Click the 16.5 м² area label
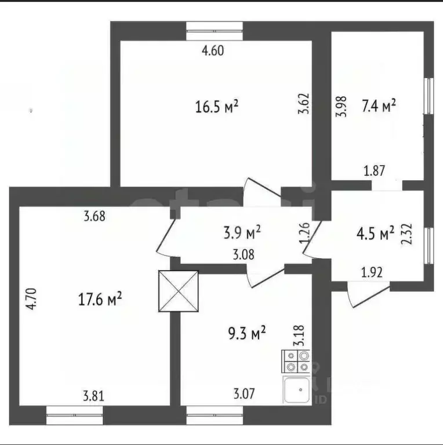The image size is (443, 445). [x=217, y=107]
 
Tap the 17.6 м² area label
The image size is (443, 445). [x=100, y=300]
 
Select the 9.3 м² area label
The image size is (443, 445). [x=247, y=333]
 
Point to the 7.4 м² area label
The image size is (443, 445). [x=379, y=106]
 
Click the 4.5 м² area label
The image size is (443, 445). [x=375, y=234]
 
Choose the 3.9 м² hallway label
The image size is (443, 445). [x=242, y=232]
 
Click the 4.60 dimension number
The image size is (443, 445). [x=213, y=51]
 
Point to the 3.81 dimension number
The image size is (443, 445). [x=94, y=396]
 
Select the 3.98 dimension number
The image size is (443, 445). [x=341, y=107]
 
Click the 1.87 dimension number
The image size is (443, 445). [x=375, y=171]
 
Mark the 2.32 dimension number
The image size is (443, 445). [x=406, y=235]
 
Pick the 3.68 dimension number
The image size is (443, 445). [x=95, y=216]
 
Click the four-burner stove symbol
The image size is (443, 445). [x=296, y=362]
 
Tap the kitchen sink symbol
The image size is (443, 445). [x=297, y=389]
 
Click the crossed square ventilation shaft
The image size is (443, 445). [x=179, y=291]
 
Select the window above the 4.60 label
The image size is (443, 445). [x=215, y=31]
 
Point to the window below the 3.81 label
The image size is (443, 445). [x=74, y=415]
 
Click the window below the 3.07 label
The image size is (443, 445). [x=215, y=415]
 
